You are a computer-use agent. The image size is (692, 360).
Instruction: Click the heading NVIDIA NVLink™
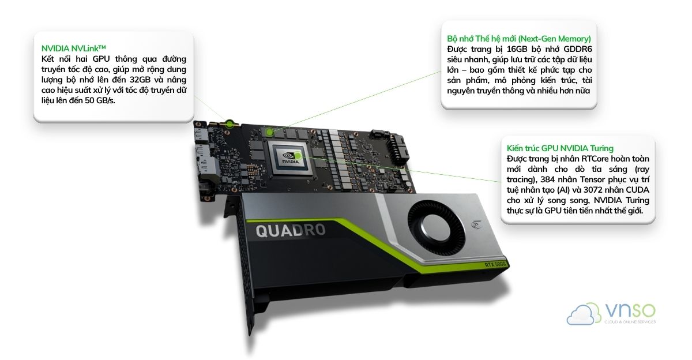74,48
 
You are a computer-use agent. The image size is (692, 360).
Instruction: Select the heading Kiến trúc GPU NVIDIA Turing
560,148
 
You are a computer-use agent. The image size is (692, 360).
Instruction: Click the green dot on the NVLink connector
229,123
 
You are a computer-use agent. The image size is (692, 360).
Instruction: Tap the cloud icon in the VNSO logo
582,314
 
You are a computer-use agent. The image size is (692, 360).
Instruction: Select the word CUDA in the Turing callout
635,190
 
